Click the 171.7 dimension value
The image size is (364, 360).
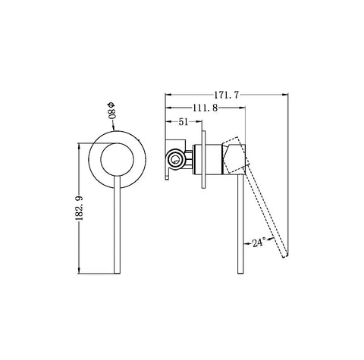point(226,95)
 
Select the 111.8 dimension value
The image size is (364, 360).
point(205,108)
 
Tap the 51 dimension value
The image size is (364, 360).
point(184,122)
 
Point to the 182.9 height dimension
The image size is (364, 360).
point(80,208)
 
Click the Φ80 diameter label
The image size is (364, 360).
point(111,111)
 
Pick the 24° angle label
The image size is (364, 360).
point(259,243)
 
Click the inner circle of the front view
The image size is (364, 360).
point(117,159)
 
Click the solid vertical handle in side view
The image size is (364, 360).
point(240,224)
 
